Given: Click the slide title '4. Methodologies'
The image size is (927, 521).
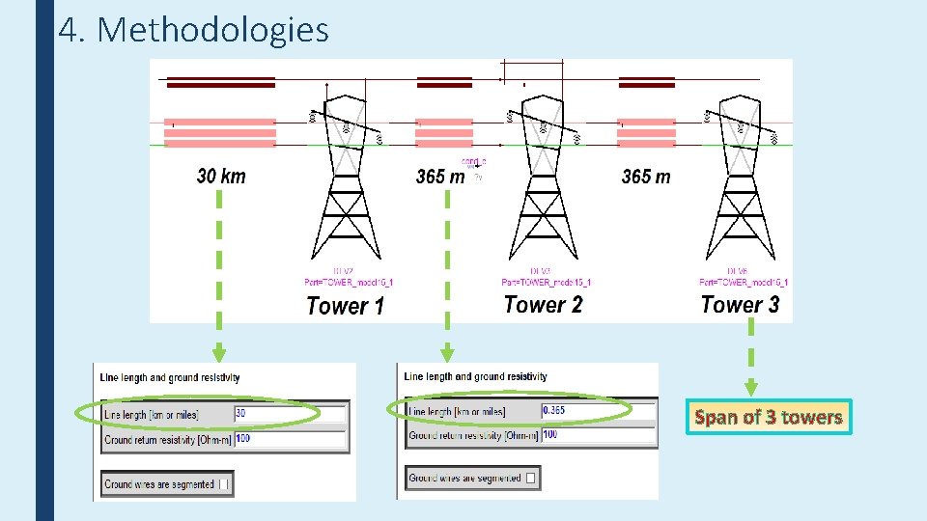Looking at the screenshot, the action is tap(193, 31).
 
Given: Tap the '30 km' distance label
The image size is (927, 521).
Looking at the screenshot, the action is tap(221, 176).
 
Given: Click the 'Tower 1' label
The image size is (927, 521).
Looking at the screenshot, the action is tap(345, 307).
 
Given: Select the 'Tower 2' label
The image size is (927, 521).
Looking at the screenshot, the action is tap(543, 305).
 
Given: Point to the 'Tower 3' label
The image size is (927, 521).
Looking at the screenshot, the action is tap(740, 305).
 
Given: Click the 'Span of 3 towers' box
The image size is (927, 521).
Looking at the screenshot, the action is tap(769, 418).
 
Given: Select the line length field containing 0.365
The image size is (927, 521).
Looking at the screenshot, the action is tap(597, 411).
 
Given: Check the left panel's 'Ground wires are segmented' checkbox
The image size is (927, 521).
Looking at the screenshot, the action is tap(224, 484).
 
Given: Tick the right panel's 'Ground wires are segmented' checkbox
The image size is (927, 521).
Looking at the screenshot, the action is tap(531, 478).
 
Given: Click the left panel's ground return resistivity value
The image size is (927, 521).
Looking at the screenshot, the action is tap(289, 440).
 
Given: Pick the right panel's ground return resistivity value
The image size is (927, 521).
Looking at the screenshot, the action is tap(597, 435).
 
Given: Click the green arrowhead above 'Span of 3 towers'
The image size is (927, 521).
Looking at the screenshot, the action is tap(751, 388).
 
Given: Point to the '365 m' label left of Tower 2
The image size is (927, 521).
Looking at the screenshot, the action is tap(440, 177).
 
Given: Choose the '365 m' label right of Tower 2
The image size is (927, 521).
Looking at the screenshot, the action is tap(646, 177).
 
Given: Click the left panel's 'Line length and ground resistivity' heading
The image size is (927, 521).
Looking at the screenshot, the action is tap(172, 377).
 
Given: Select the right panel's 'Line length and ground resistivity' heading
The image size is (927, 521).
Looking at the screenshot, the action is tap(476, 376).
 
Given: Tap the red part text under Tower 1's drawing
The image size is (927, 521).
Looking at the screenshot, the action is tap(349, 282).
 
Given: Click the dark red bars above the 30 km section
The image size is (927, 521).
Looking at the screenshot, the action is tap(221, 82).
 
